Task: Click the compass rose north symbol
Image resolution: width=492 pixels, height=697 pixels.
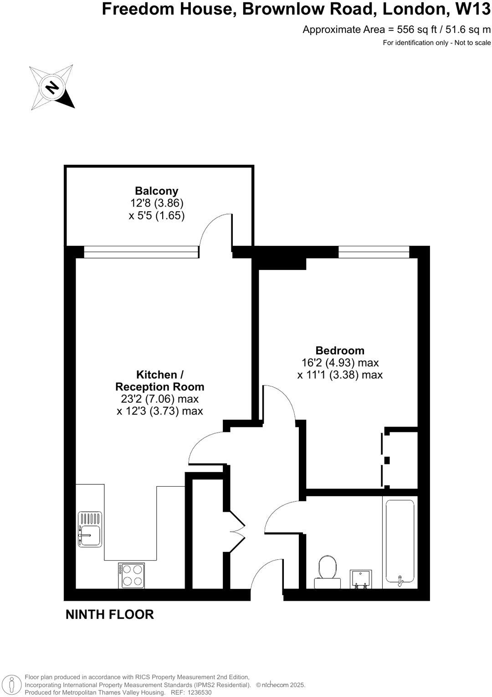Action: [52, 87]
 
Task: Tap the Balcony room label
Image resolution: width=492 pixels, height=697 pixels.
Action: [156, 191]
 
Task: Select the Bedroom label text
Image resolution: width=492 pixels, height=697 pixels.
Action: [340, 350]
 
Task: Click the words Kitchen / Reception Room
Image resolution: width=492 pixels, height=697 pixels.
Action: [159, 380]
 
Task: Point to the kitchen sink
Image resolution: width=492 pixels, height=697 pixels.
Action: [90, 529]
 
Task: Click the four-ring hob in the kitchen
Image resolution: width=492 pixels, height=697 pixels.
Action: [132, 575]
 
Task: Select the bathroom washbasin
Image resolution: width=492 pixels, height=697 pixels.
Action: [361, 579]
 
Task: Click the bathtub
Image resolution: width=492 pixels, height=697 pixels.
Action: [400, 541]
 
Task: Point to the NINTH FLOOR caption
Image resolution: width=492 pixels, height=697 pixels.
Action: [110, 614]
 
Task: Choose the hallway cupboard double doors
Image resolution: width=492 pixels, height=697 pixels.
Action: [237, 531]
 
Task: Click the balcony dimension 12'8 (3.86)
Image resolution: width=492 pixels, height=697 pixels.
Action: [157, 203]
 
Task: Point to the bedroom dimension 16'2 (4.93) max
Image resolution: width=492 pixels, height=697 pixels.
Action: [340, 363]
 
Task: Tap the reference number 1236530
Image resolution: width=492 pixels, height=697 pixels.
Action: [197, 692]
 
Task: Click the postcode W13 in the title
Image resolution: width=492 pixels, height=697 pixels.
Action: [474, 9]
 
